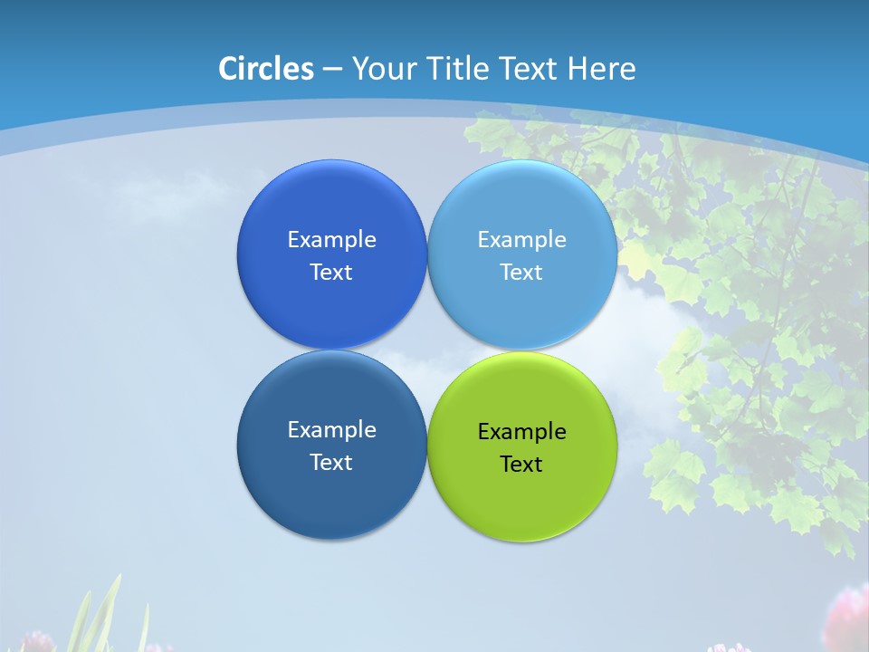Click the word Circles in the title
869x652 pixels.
click(266, 69)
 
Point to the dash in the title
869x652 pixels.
click(332, 70)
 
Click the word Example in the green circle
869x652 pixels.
click(521, 432)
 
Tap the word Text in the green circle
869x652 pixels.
click(521, 465)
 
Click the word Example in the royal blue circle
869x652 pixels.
click(331, 240)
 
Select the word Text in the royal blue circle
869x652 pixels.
click(331, 273)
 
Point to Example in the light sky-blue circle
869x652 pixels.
click(521, 240)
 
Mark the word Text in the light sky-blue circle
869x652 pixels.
click(521, 273)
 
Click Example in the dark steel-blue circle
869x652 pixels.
click(331, 430)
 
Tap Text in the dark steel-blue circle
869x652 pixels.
click(331, 463)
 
